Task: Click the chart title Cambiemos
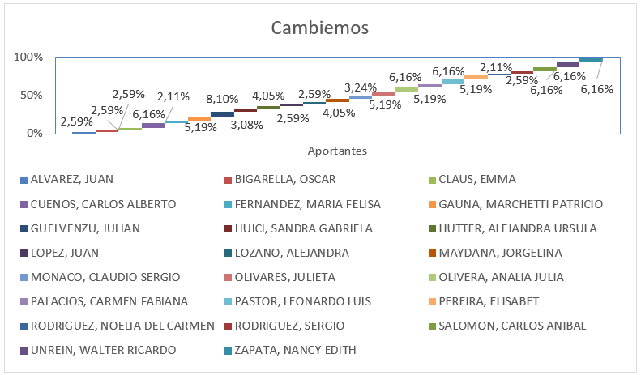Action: click(320, 28)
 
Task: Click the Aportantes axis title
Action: click(337, 151)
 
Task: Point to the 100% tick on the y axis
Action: click(28, 57)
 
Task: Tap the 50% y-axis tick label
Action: click(31, 95)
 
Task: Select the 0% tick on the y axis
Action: click(33, 133)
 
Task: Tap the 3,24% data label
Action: click(360, 87)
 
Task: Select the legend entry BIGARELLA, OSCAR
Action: click(285, 180)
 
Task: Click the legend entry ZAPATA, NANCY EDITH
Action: click(295, 350)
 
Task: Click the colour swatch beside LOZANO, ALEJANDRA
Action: click(229, 253)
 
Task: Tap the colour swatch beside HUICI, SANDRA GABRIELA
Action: click(229, 228)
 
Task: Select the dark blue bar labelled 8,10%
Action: click(222, 114)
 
